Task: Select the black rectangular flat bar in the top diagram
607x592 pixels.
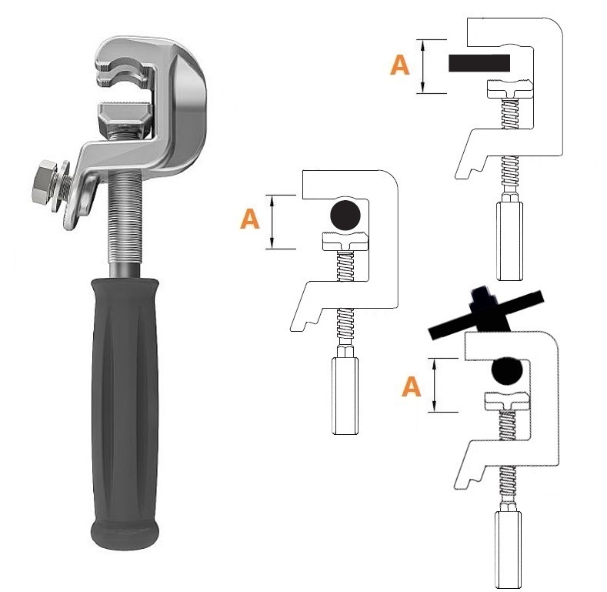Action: click(479, 63)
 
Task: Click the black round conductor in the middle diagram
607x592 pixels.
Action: click(345, 215)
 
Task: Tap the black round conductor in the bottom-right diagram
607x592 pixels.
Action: click(507, 370)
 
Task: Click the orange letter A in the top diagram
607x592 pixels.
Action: click(399, 65)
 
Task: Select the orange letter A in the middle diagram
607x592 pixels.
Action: click(250, 219)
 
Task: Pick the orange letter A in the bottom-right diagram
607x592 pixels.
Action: click(411, 386)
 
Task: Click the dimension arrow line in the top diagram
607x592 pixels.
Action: click(423, 66)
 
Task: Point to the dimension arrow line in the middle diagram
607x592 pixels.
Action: click(272, 222)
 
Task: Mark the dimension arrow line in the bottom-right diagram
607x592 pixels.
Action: click(435, 385)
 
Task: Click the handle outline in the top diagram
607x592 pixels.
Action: click(509, 241)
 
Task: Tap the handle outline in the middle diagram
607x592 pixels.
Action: click(345, 396)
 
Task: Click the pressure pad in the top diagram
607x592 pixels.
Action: click(509, 89)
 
